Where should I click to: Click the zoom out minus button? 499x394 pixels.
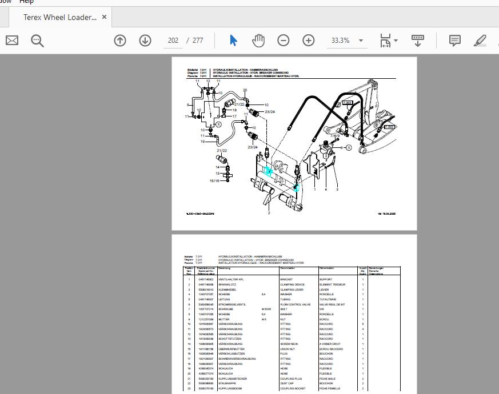pyautogui.click(x=284, y=41)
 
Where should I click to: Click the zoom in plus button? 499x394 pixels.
pyautogui.click(x=309, y=41)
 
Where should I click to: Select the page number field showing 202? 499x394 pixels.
pyautogui.click(x=173, y=41)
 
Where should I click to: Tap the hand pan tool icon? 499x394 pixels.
pyautogui.click(x=258, y=41)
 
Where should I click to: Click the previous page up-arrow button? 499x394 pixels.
pyautogui.click(x=120, y=41)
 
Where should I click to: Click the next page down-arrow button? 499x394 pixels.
pyautogui.click(x=145, y=41)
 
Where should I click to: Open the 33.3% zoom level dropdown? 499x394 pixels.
pyautogui.click(x=361, y=41)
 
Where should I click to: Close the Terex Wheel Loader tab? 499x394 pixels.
pyautogui.click(x=104, y=17)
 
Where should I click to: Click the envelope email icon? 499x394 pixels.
pyautogui.click(x=12, y=41)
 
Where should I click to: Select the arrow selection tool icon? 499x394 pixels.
pyautogui.click(x=233, y=41)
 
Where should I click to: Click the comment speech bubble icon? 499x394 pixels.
pyautogui.click(x=455, y=41)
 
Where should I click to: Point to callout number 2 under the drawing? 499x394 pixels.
pyautogui.click(x=269, y=213)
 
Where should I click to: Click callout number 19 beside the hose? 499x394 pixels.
pyautogui.click(x=202, y=142)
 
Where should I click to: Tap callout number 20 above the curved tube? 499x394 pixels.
pyautogui.click(x=245, y=90)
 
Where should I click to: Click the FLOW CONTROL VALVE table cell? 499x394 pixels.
pyautogui.click(x=296, y=304)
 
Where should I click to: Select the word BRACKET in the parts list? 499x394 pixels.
pyautogui.click(x=286, y=279)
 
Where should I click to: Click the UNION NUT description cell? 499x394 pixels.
pyautogui.click(x=288, y=349)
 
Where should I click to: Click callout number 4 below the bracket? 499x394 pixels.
pyautogui.click(x=326, y=190)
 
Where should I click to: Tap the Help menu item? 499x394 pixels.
pyautogui.click(x=26, y=2)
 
